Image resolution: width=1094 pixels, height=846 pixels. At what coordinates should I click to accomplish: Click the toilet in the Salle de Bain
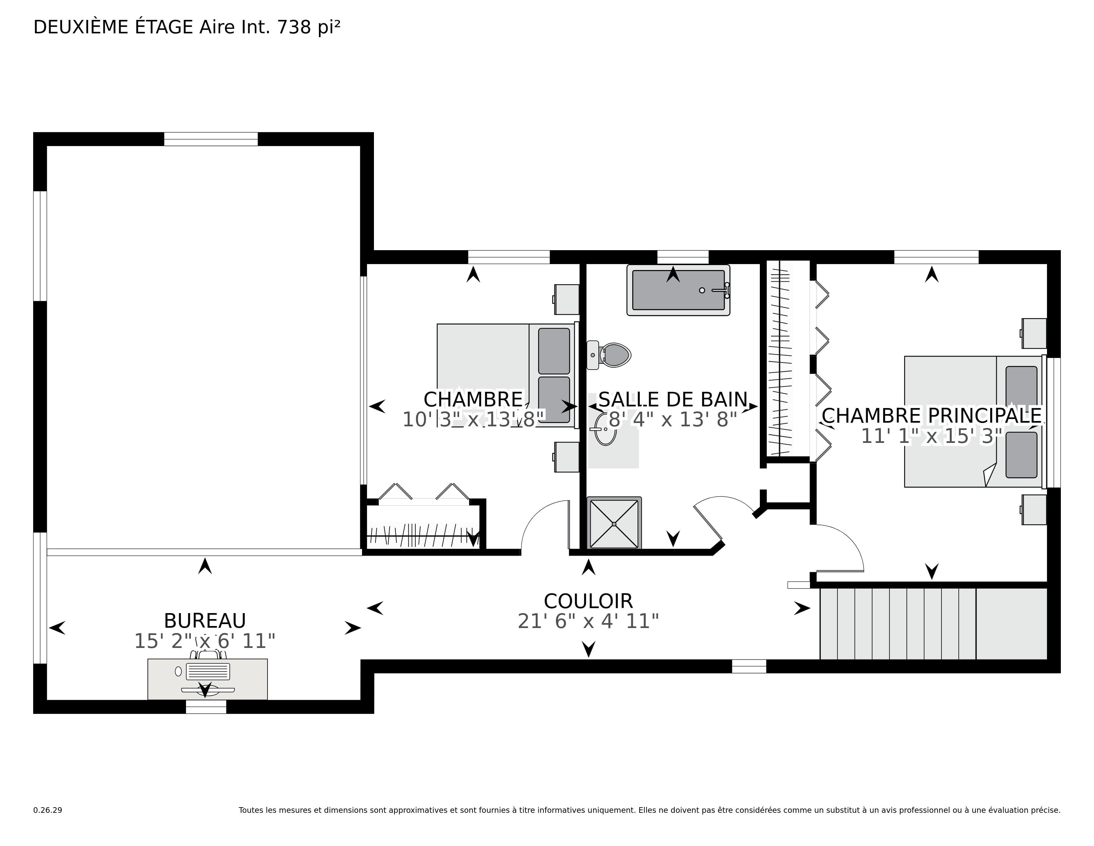[x=609, y=355]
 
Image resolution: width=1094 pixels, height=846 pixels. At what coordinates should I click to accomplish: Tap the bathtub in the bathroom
[x=678, y=290]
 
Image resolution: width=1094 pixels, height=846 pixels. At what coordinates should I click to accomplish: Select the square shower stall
[x=614, y=523]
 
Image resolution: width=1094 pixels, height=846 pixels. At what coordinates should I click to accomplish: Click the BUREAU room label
[x=205, y=621]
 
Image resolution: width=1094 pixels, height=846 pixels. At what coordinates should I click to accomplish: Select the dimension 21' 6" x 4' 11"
[x=588, y=621]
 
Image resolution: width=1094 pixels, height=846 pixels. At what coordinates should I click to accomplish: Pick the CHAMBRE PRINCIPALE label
[x=932, y=415]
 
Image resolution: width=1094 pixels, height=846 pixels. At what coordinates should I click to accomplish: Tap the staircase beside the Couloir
[x=933, y=623]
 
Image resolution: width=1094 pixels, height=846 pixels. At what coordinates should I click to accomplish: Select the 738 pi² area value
[x=309, y=27]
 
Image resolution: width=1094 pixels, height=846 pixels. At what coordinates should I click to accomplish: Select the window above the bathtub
[x=683, y=256]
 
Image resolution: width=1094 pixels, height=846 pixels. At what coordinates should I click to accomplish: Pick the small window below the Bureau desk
[x=206, y=707]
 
